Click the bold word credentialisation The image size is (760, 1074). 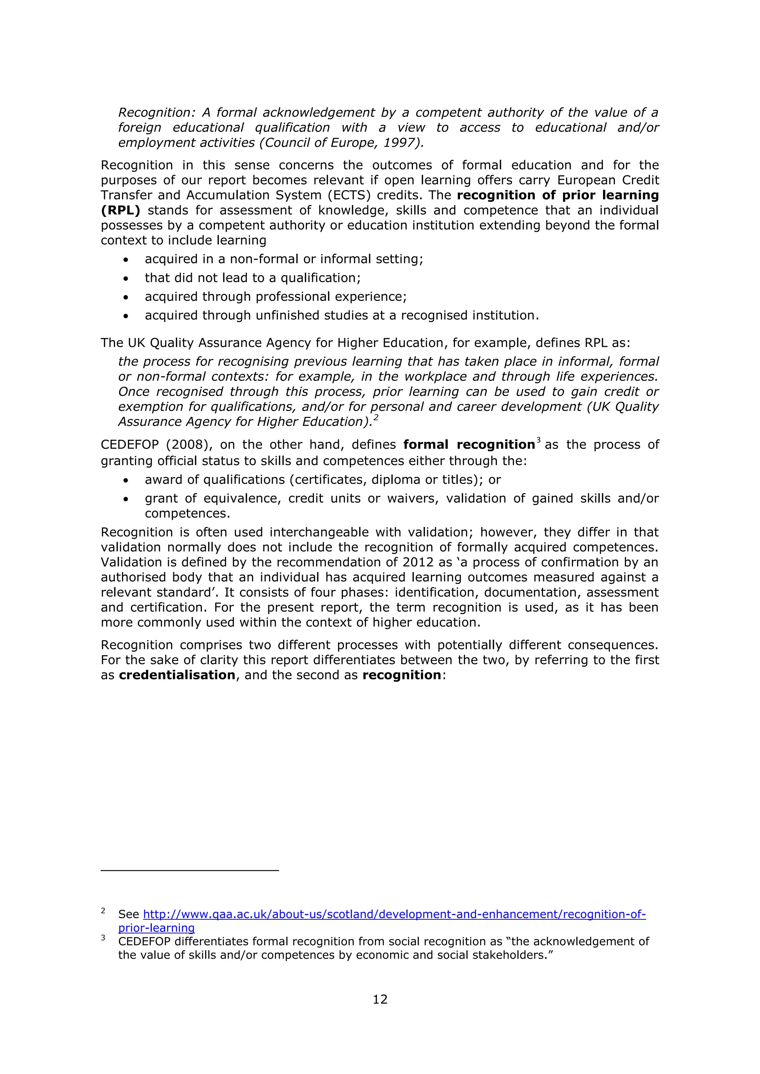click(177, 675)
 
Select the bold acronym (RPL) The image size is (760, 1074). click(120, 211)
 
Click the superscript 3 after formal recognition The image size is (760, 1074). click(539, 441)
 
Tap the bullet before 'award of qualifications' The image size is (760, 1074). click(125, 480)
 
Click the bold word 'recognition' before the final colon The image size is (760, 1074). click(402, 675)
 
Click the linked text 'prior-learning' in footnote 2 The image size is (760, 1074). click(156, 928)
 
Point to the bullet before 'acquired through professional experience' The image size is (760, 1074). click(125, 297)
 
